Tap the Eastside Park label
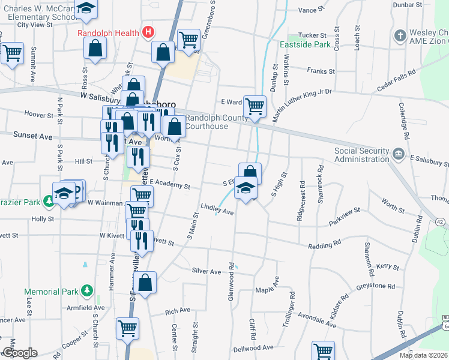coord(306,44)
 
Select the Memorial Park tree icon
coord(87,292)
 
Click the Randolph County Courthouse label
coord(208,122)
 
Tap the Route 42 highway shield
coord(440,222)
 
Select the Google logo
coord(20,352)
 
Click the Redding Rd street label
coord(324,247)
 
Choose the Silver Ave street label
coord(206,271)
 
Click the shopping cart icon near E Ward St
coord(255,107)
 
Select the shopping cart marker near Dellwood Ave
coord(322,350)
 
